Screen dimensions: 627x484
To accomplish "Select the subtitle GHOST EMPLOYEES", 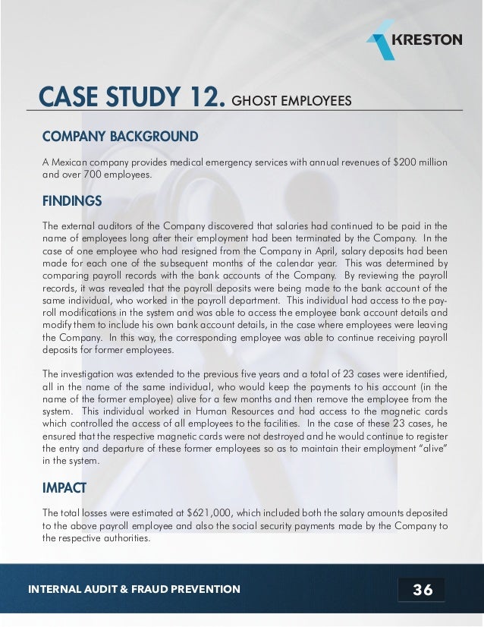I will pyautogui.click(x=291, y=101).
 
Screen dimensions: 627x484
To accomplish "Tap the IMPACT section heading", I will pyautogui.click(x=64, y=486).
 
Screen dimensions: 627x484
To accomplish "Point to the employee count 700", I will pyautogui.click(x=100, y=176).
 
